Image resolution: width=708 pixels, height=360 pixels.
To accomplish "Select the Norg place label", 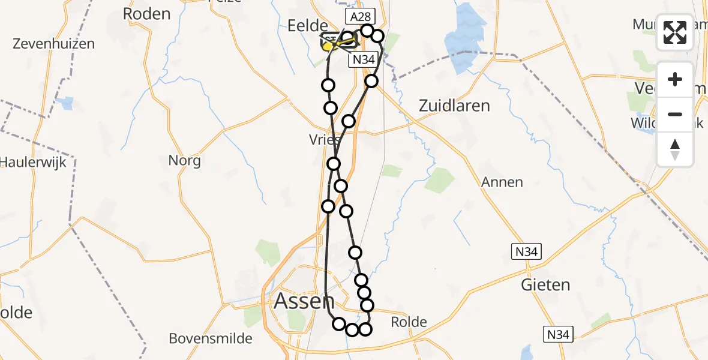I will pos(184,161).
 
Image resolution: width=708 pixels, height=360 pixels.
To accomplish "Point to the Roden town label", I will pos(146,14).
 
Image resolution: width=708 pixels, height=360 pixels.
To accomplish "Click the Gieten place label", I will pos(545,284).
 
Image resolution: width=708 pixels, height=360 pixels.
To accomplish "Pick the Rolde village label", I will pos(409,322).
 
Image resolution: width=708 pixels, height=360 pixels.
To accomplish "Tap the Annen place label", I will pos(502,182).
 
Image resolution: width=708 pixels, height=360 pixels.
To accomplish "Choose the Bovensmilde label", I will pos(211,338).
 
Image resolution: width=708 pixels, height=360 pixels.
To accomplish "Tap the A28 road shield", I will pos(359,16).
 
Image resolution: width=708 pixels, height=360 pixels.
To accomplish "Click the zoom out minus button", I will pos(675,114).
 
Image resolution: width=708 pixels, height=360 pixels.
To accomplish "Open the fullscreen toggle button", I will pos(675,32).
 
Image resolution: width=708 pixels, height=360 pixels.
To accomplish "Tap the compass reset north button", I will pos(675,149).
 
